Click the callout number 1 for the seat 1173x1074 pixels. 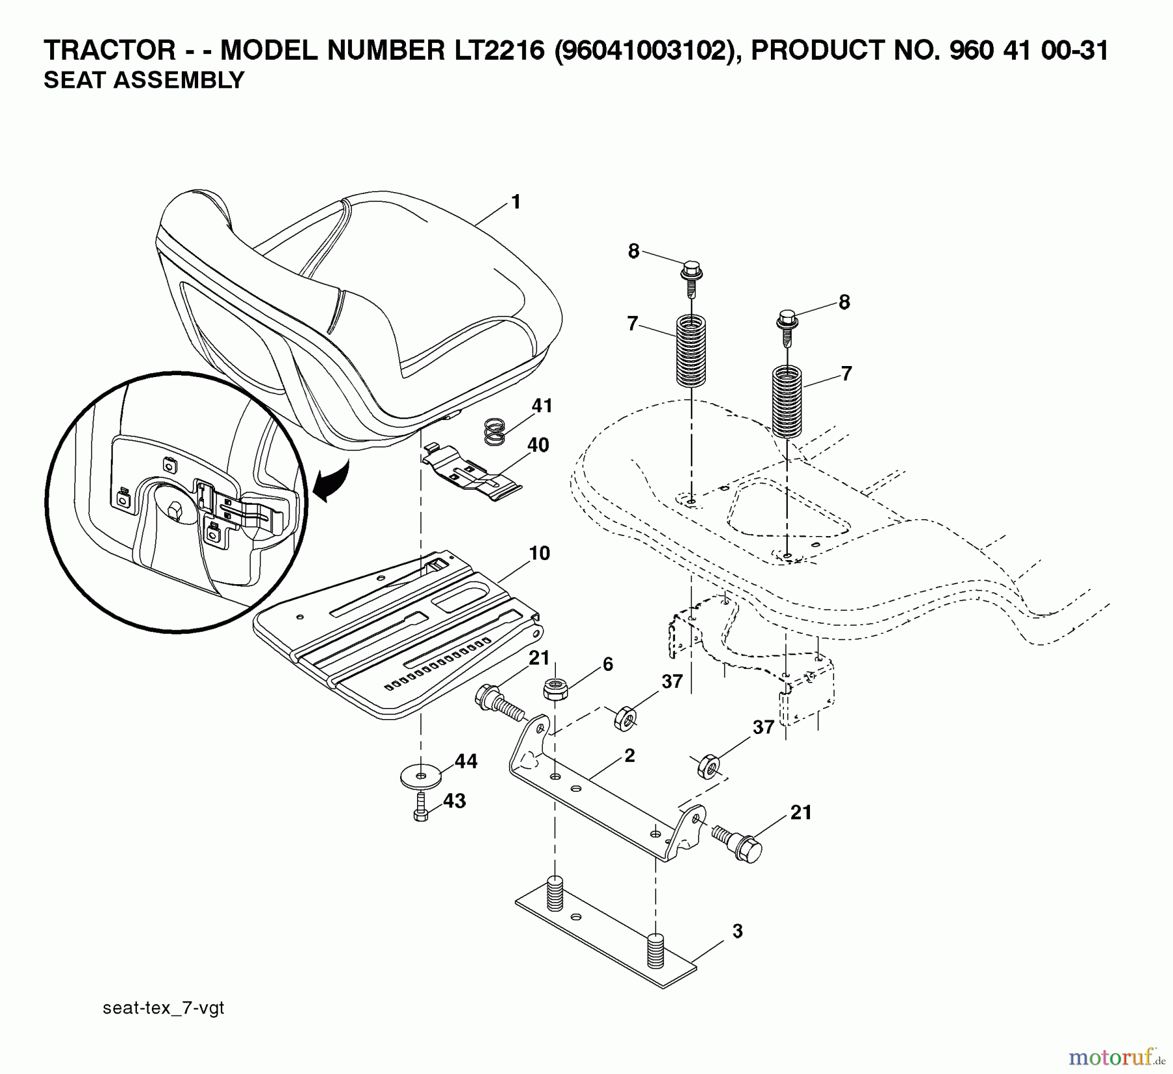(516, 203)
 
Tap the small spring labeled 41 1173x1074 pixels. (495, 432)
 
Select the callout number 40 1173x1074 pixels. (538, 445)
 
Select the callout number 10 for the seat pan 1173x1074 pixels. (539, 554)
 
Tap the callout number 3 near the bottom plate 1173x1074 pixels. (737, 931)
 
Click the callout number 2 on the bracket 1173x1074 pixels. (629, 756)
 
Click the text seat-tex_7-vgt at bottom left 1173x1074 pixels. (164, 1008)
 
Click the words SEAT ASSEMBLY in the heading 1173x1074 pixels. (143, 80)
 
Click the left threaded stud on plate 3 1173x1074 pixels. (555, 894)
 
